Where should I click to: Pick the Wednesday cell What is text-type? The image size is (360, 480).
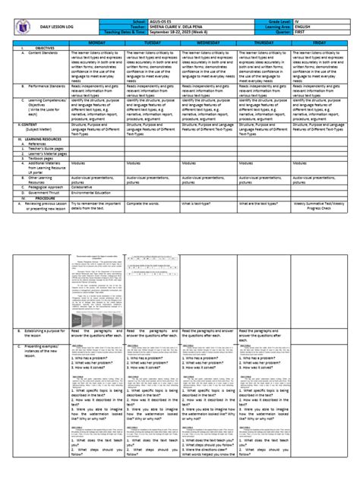point(201,203)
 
